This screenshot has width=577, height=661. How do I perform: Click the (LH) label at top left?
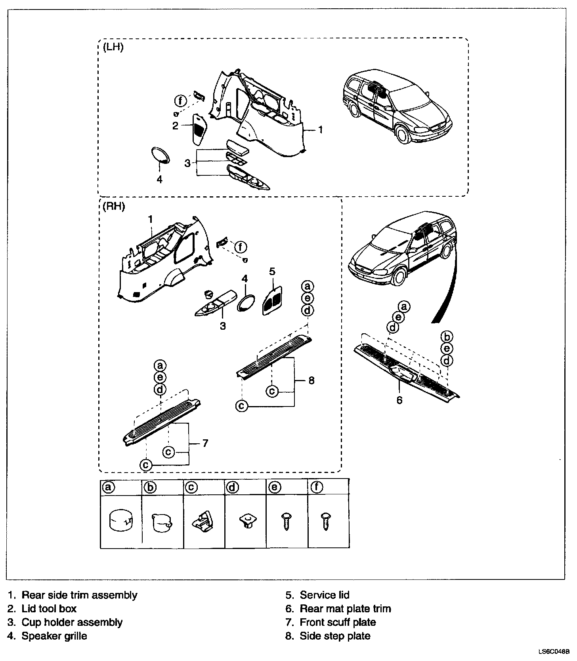pos(113,47)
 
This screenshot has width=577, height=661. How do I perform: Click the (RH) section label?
pos(114,207)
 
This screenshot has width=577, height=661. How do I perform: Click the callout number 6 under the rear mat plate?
pos(399,400)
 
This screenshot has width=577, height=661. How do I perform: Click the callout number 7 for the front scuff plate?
pos(205,443)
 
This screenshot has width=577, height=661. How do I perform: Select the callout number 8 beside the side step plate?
pos(311,380)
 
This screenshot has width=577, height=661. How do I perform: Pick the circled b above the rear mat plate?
pos(447,337)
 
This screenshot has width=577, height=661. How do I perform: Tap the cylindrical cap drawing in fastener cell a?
pos(121,521)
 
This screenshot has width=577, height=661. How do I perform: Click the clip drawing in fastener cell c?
pos(203,519)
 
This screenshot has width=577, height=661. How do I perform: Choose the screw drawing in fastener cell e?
pos(287,520)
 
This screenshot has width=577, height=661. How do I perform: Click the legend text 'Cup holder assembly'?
pos(72,622)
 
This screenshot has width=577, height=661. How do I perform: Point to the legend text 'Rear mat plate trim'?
pos(345,609)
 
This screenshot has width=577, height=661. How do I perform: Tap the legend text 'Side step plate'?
pos(335,636)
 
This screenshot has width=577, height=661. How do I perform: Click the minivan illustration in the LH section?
pos(396,105)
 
